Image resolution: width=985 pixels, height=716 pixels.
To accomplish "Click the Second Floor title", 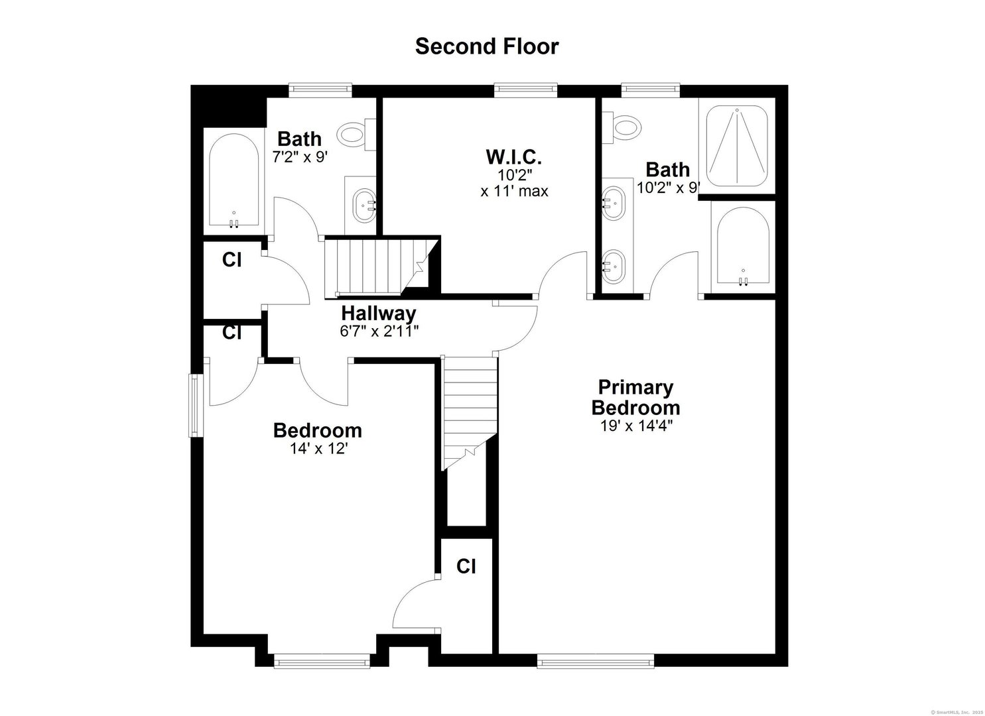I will point(487,46).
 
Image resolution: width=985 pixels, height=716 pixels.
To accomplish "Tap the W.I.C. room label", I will point(514,158).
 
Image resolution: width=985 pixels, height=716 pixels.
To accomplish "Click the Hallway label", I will point(379,313).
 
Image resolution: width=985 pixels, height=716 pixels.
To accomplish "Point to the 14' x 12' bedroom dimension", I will point(318,449).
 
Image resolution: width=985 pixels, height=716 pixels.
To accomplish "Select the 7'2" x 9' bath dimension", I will point(300,157).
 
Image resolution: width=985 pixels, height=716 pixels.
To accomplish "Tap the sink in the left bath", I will point(364,205).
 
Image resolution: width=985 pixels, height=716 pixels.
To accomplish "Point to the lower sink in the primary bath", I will point(614,266).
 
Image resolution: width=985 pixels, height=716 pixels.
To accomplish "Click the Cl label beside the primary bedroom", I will point(466,566).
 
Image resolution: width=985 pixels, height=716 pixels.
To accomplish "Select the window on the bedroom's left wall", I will point(196,405).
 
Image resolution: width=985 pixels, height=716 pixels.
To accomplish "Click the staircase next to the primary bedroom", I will point(470,411).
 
